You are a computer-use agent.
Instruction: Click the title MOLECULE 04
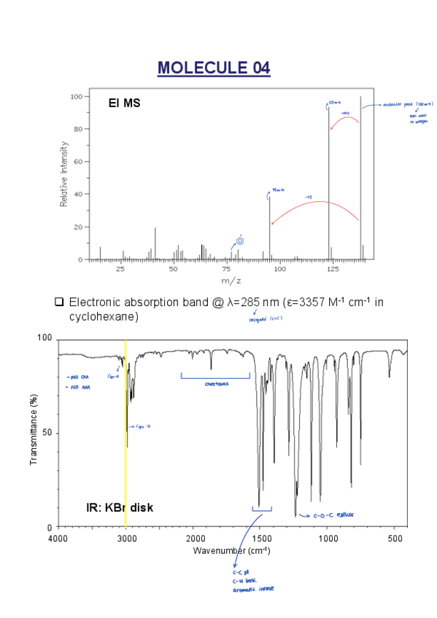pos(214,69)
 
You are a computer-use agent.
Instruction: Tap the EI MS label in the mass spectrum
pos(125,103)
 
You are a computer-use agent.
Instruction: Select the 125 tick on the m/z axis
pos(333,269)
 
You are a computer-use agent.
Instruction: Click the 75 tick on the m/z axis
pos(227,269)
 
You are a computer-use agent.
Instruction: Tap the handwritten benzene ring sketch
pos(240,241)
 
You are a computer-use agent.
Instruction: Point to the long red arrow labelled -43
pos(314,202)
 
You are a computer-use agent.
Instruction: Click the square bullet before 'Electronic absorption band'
pos(60,302)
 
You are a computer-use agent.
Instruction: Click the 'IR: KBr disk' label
pos(120,506)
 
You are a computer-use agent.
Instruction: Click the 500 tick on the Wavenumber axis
pos(395,538)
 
